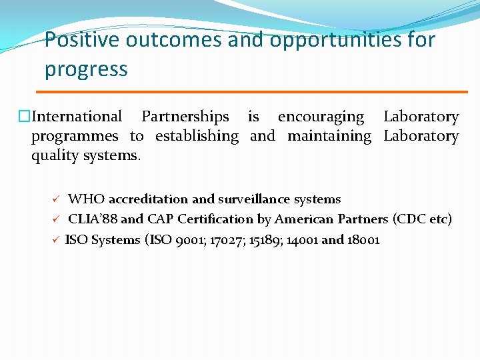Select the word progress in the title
[x=86, y=69]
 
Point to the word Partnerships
[x=185, y=117]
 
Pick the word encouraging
[x=321, y=117]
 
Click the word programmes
[x=75, y=137]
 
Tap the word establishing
[x=197, y=136]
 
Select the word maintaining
[x=329, y=136]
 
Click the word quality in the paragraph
[x=55, y=156]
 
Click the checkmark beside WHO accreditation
[x=57, y=199]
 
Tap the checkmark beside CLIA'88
[x=57, y=219]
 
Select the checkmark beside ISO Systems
[x=57, y=239]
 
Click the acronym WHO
[x=86, y=199]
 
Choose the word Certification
[x=219, y=219]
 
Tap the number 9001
[x=188, y=239]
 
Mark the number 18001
[x=363, y=239]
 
